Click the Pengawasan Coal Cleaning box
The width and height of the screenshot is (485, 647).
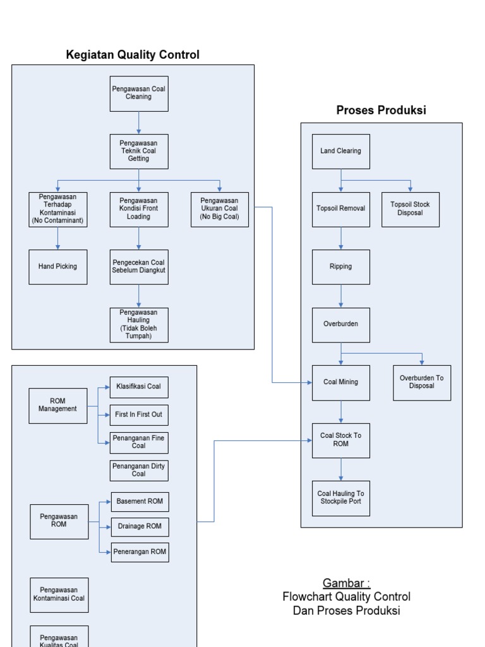[x=139, y=94]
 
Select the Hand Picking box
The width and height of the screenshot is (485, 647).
[x=58, y=267]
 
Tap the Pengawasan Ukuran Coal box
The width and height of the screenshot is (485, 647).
[x=220, y=210]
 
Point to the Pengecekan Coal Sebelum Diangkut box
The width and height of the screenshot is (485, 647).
[x=139, y=267]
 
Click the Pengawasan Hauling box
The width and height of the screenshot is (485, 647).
[x=139, y=325]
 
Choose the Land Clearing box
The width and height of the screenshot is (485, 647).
[x=341, y=151]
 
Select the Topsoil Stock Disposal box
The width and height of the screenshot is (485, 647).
[x=410, y=209]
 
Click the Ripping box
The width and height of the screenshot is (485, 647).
[x=341, y=267]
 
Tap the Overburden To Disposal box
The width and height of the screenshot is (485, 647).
[x=422, y=382]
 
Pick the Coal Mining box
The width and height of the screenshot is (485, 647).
[x=341, y=382]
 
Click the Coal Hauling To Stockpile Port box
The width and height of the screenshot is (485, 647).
[x=341, y=498]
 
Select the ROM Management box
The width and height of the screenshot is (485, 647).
[x=58, y=405]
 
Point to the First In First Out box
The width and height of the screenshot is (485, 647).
[x=140, y=414]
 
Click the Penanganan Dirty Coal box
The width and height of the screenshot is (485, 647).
[x=139, y=470]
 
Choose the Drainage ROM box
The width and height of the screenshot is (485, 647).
[x=140, y=526]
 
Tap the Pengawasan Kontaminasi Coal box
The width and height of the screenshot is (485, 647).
[x=59, y=595]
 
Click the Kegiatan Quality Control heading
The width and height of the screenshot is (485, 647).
[x=133, y=55]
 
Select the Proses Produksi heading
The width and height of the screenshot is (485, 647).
[x=381, y=111]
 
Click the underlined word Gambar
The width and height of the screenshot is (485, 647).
[x=347, y=583]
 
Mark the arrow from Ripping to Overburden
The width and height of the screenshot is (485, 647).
[x=341, y=296]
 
